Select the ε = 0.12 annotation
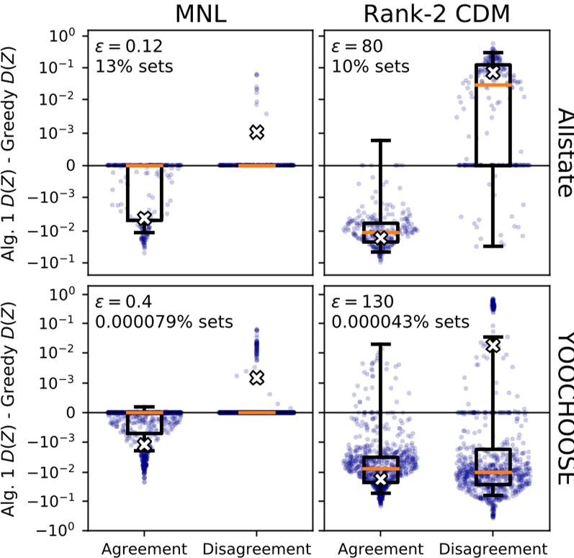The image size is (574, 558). pyautogui.click(x=129, y=48)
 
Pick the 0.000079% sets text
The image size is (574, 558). pyautogui.click(x=163, y=321)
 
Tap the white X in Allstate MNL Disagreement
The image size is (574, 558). pyautogui.click(x=257, y=132)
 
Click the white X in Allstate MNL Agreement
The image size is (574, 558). pyautogui.click(x=144, y=218)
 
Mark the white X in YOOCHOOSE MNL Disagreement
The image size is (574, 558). pyautogui.click(x=257, y=377)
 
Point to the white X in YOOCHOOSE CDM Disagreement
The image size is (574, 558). pyautogui.click(x=493, y=346)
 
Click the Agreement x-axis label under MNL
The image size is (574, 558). pyautogui.click(x=144, y=546)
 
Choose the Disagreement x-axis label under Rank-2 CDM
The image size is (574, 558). pyautogui.click(x=493, y=546)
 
